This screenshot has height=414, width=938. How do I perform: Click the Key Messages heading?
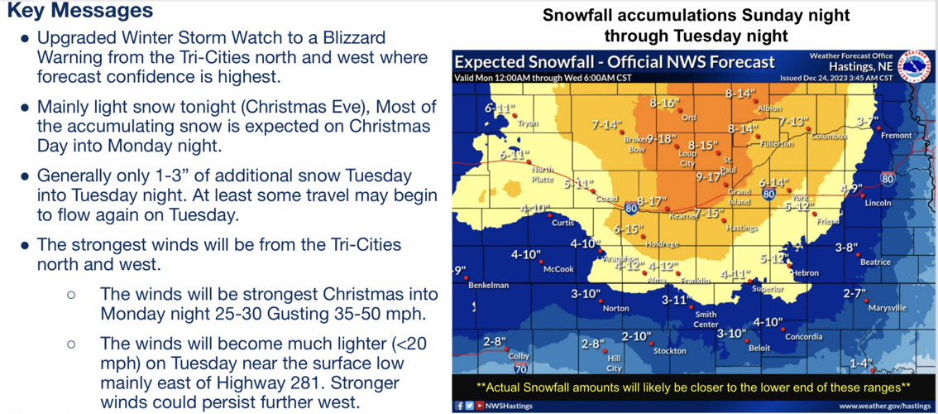(79, 11)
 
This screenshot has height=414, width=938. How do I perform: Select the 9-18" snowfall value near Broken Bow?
(663, 138)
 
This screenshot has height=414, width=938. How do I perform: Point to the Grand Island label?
(739, 196)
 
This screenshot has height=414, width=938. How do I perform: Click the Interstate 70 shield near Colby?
(520, 368)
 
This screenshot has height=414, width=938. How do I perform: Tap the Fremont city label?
(897, 135)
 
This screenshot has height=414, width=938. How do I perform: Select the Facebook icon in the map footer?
(459, 406)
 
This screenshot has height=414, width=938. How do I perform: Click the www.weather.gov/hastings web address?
(884, 406)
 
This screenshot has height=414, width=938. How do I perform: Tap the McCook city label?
(558, 269)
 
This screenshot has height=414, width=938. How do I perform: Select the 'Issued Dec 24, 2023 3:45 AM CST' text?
(836, 78)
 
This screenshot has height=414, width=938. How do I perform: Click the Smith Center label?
(706, 319)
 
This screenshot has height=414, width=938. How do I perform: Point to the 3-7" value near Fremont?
(867, 121)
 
